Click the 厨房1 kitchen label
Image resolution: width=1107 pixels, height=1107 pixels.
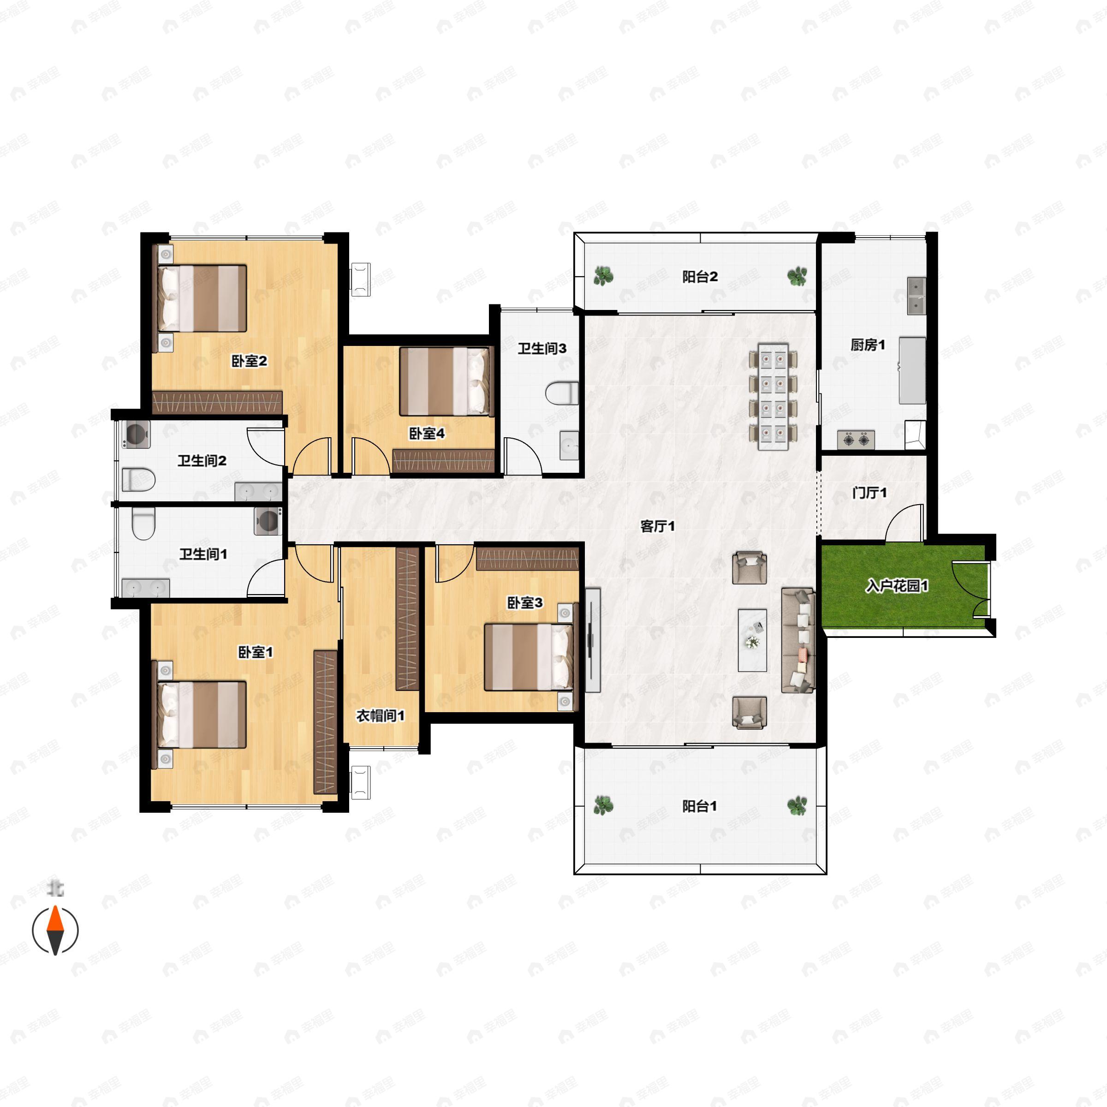[868, 345]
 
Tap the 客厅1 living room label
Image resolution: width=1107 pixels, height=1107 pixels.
[657, 526]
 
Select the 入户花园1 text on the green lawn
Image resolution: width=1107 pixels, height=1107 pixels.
[897, 586]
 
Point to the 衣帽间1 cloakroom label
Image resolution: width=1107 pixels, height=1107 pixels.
[381, 716]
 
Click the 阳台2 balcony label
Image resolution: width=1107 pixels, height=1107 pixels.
[700, 277]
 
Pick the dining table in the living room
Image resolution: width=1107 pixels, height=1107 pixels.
[773, 397]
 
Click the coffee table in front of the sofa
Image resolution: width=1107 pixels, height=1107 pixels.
[752, 639]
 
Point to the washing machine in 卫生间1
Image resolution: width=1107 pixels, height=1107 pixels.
[268, 521]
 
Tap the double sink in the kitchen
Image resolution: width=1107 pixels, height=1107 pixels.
[916, 296]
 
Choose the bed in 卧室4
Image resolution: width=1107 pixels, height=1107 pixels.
[446, 381]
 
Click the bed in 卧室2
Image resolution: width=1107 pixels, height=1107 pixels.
[202, 298]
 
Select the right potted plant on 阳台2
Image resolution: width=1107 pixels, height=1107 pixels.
[797, 276]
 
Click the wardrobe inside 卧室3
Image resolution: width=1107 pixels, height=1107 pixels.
[527, 559]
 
